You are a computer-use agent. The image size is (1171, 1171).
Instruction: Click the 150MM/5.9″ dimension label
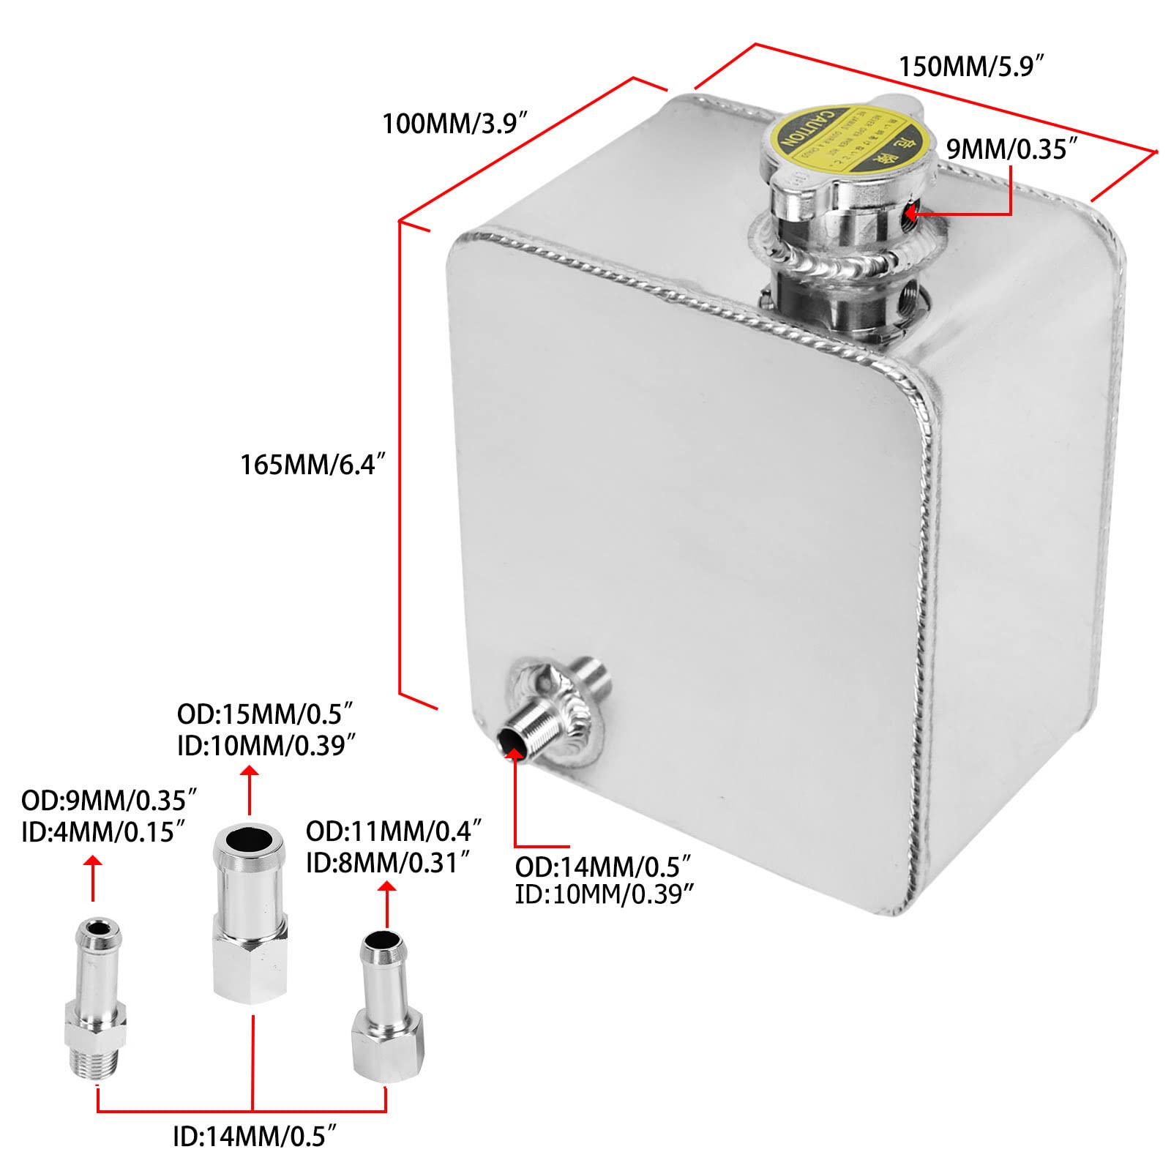pos(970,67)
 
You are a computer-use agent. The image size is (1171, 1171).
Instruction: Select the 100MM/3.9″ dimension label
pos(454,124)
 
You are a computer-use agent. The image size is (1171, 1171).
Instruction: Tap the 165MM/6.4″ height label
pos(313,464)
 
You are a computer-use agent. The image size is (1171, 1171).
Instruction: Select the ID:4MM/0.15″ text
pos(102,832)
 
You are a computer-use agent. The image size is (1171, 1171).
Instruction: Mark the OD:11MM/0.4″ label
pos(394,831)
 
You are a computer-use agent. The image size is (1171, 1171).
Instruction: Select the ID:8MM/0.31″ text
pos(387,864)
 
